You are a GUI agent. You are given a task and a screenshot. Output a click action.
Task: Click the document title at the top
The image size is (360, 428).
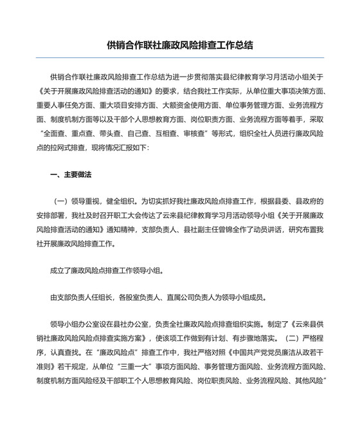180,45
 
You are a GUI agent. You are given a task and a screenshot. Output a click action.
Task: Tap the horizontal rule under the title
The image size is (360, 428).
180,58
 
